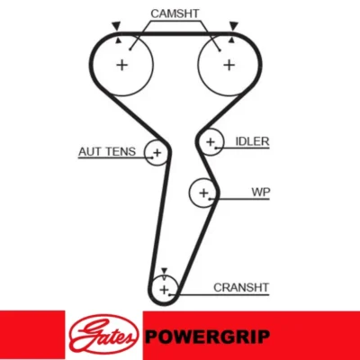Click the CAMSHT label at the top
coord(175,13)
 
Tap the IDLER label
coord(252,141)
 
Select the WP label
coord(261,192)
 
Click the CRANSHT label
coord(241,287)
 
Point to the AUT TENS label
coord(107,151)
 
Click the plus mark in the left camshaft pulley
coord(122,65)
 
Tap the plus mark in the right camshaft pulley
coord(229,65)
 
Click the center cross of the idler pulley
coord(211,141)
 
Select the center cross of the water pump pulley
coord(203,193)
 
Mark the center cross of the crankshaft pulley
coord(164,290)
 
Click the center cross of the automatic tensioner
coord(157,153)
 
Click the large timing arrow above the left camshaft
coord(116,26)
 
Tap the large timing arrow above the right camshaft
coord(233,26)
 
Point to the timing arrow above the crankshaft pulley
coord(164,271)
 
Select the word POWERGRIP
coord(208,337)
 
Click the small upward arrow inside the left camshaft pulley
coord(119,40)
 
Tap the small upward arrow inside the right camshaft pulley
coord(231,40)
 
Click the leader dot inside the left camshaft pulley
coord(130,49)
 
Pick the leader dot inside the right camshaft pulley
coord(220,50)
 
